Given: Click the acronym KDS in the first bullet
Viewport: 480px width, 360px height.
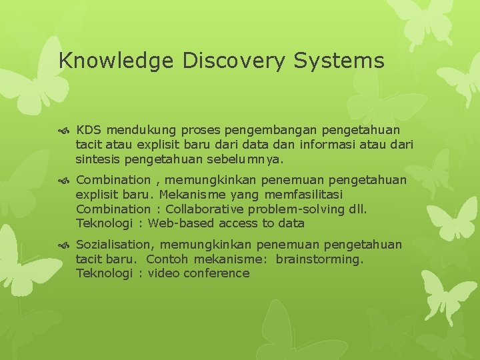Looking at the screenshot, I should tap(89, 129).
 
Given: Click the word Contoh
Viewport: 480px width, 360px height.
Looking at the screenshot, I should tap(167, 259).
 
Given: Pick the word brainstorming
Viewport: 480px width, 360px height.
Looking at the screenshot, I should tap(319, 259).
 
